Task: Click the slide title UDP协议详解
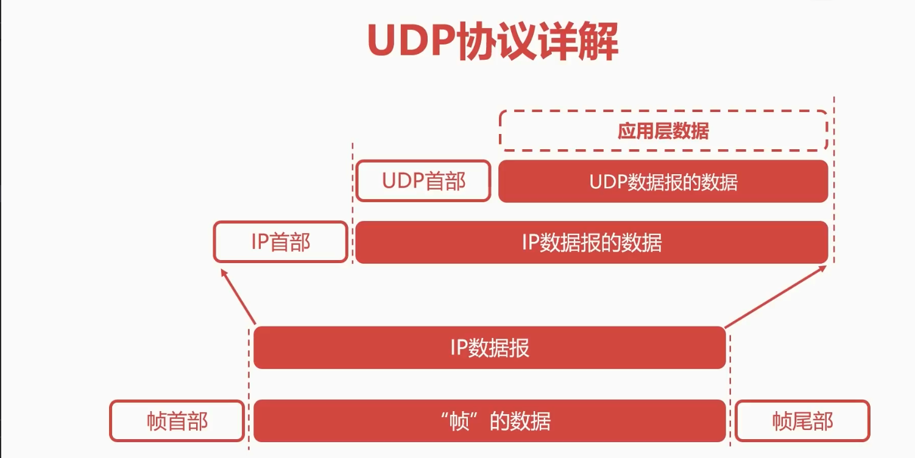[x=493, y=42]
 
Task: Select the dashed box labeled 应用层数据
[x=663, y=131]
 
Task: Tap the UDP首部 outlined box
[x=423, y=181]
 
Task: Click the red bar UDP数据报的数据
[x=663, y=181]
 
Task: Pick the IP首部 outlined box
[x=280, y=242]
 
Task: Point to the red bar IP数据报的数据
[x=592, y=242]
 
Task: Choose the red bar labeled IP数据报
[x=489, y=348]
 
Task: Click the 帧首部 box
[x=177, y=421]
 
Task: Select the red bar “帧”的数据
[x=489, y=421]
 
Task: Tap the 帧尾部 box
[x=802, y=421]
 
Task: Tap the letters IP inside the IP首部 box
[x=260, y=242]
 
